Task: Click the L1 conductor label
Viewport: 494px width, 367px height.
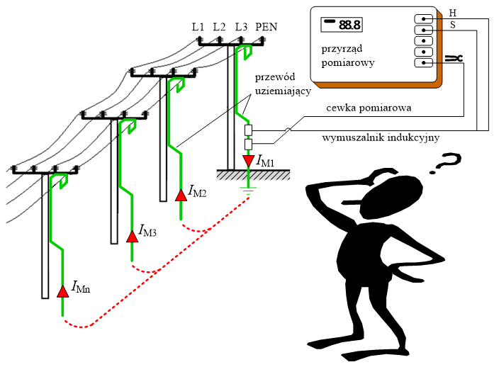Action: click(198, 26)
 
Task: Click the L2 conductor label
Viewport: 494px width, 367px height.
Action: click(219, 26)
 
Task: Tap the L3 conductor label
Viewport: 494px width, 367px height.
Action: click(242, 26)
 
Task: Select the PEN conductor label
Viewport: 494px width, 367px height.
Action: click(266, 26)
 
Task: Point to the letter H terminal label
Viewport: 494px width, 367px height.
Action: click(453, 12)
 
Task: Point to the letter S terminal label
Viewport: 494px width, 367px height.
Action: click(453, 25)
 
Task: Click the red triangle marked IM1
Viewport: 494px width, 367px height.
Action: click(248, 161)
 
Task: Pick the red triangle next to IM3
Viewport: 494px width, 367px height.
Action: click(132, 236)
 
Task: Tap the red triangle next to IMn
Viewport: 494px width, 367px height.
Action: click(62, 290)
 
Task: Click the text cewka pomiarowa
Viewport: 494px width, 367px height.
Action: click(369, 108)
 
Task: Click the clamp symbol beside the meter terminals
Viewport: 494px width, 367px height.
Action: click(453, 59)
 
